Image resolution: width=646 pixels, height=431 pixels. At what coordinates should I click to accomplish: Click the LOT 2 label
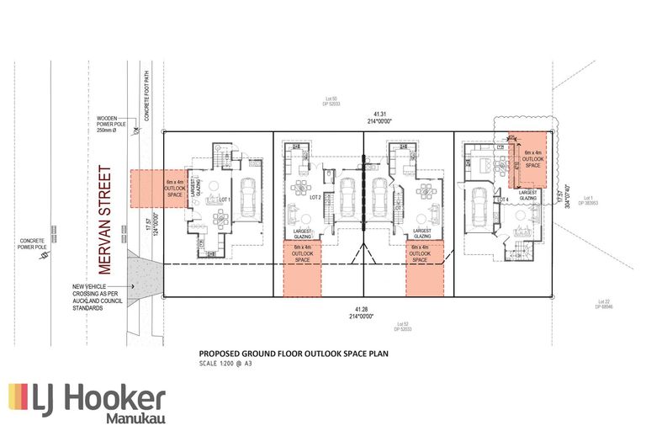[x=315, y=197]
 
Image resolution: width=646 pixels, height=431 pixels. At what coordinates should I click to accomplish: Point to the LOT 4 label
[x=503, y=199]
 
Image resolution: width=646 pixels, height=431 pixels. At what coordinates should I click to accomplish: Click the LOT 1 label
[x=224, y=200]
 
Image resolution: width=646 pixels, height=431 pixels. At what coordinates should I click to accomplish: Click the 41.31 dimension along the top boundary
[x=386, y=114]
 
